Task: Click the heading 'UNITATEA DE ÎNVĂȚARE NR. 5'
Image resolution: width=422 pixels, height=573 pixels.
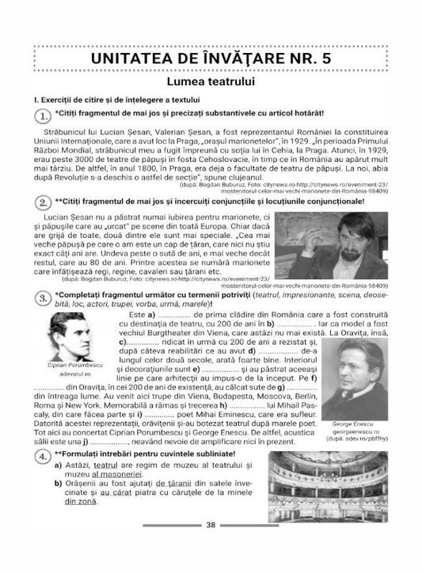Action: [211, 58]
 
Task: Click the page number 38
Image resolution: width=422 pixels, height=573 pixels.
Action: [211, 547]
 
